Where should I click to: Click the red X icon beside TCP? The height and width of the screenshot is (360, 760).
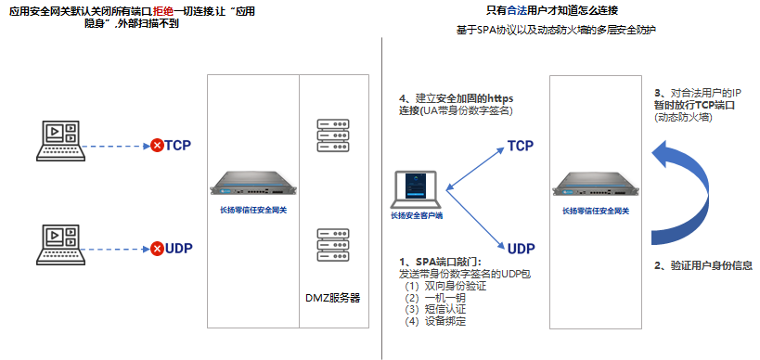point(157,145)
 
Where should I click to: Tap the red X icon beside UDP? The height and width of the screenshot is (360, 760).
point(157,249)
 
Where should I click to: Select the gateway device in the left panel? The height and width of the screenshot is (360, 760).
point(252,184)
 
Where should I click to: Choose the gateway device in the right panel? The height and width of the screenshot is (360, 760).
point(596,185)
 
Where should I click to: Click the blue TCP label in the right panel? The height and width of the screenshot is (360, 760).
point(520,146)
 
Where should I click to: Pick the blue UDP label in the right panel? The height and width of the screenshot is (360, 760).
point(521,248)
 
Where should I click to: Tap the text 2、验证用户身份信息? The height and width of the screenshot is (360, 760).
point(703,265)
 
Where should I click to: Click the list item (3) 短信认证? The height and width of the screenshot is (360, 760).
point(432,309)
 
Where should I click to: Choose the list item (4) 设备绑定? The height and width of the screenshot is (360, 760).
point(432,321)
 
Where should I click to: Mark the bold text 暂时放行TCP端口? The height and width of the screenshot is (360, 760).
point(695,106)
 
